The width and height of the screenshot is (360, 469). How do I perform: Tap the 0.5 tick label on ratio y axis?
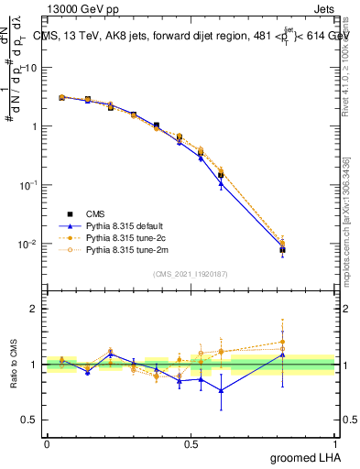[29, 420]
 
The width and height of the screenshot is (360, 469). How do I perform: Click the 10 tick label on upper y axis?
[31, 68]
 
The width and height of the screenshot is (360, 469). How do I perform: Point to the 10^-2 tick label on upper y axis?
[29, 244]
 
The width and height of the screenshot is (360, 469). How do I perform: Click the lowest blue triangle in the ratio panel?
[221, 390]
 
